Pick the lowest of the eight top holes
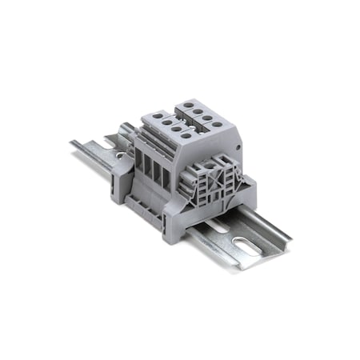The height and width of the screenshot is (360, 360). [x=186, y=136]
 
